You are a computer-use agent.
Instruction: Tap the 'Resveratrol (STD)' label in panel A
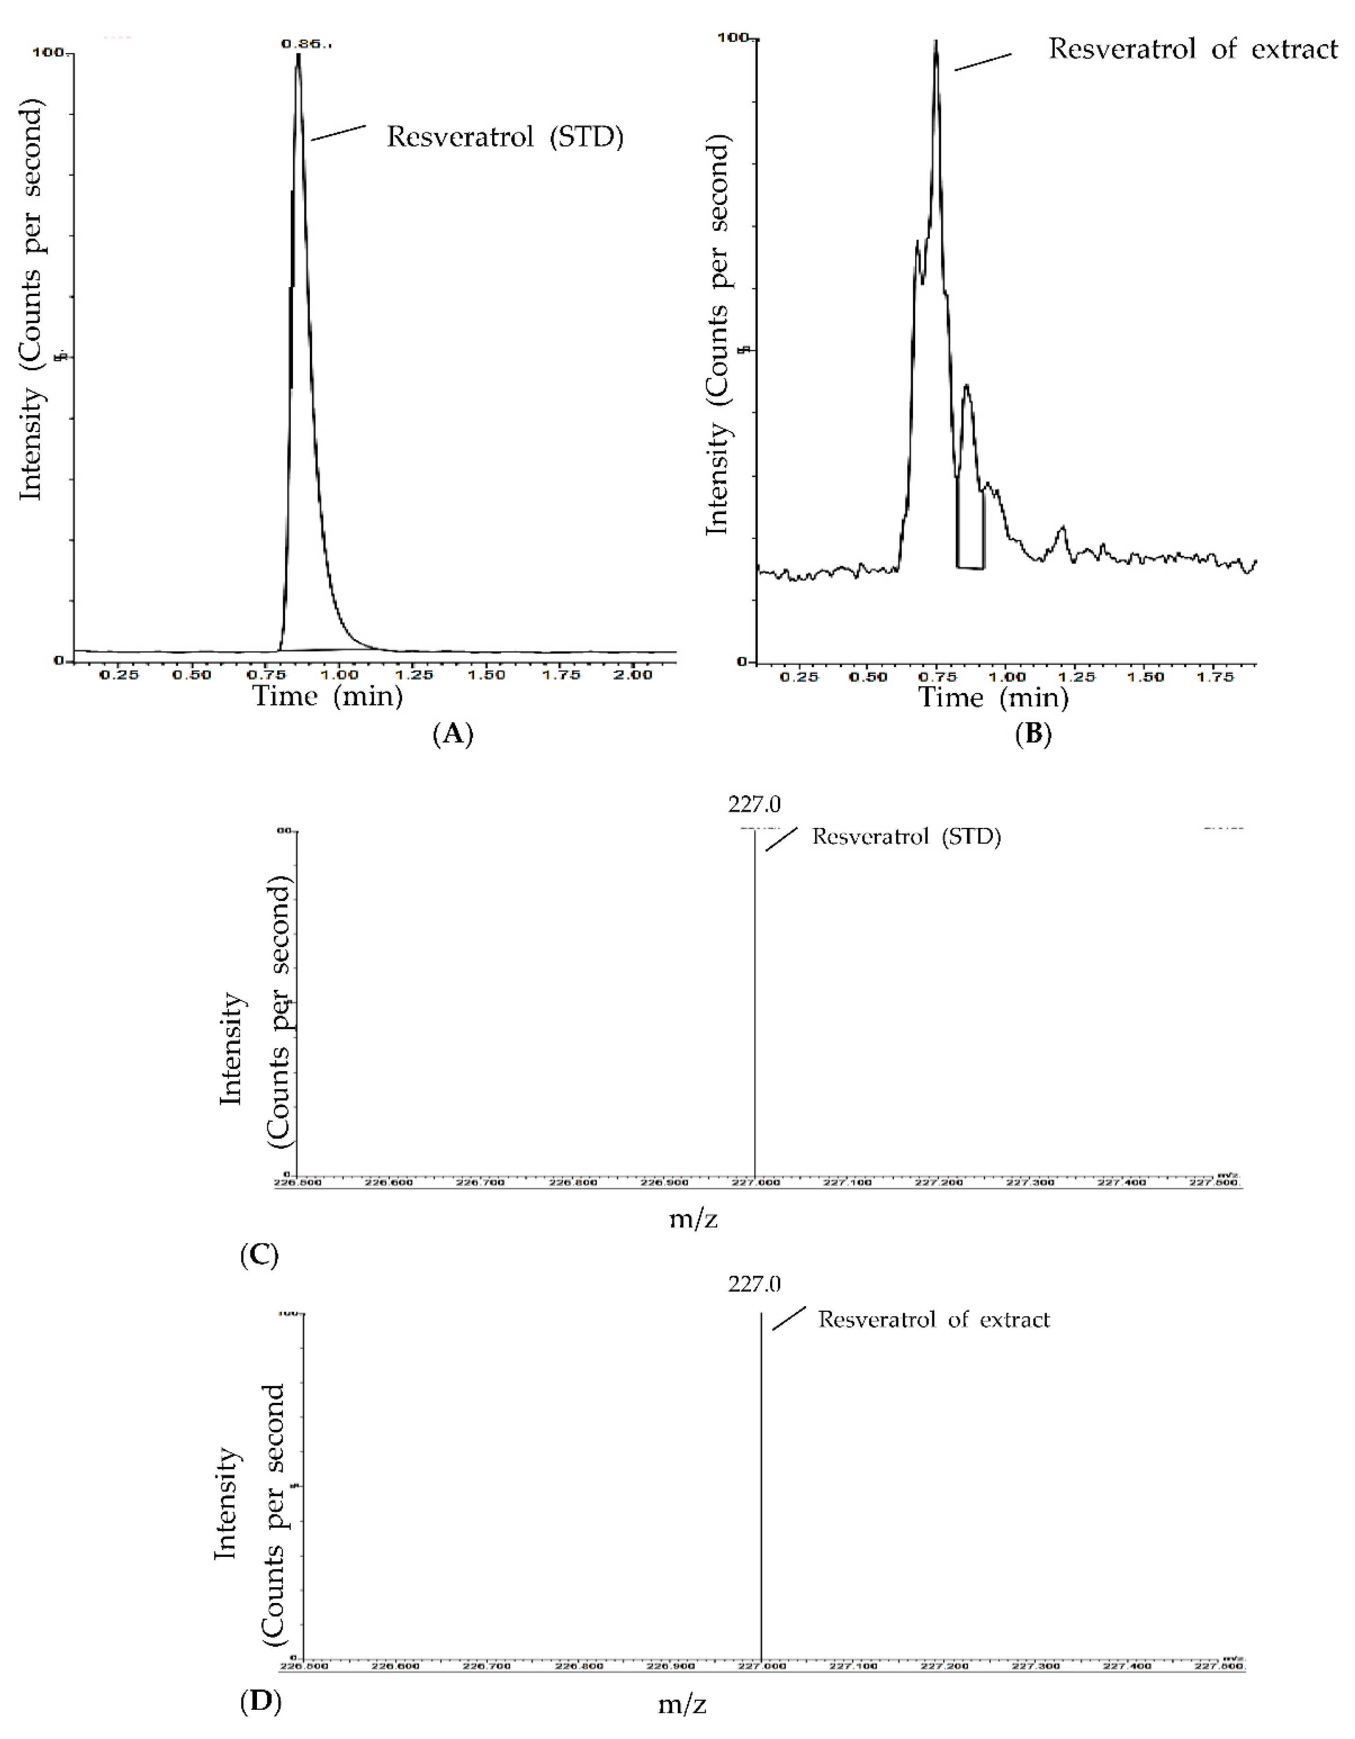pyautogui.click(x=504, y=137)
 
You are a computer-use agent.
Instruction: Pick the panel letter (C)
pyautogui.click(x=259, y=1256)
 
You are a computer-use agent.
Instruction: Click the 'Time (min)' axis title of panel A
pyautogui.click(x=328, y=697)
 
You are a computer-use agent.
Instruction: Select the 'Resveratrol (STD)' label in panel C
pyautogui.click(x=906, y=837)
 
